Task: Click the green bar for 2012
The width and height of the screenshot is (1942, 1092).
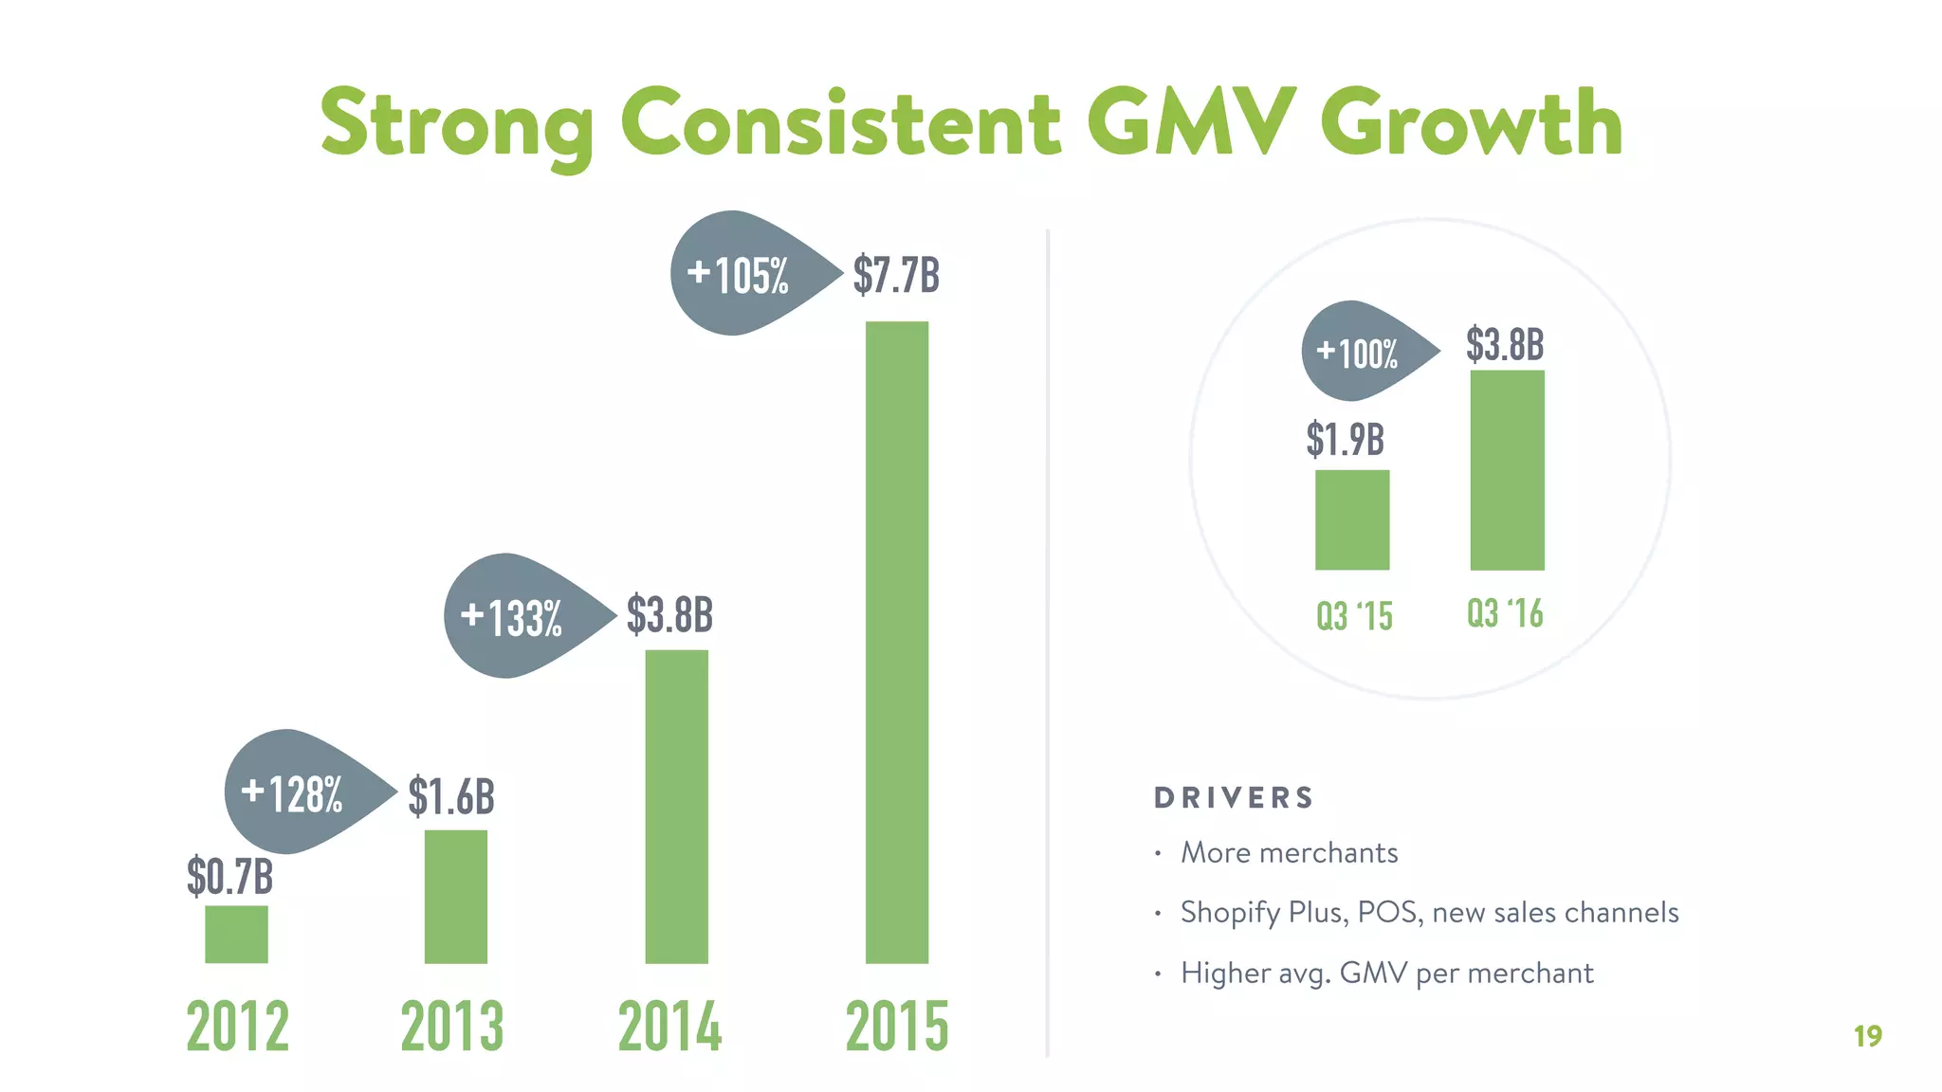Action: tap(236, 934)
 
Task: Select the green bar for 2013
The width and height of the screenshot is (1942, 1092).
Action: tap(456, 896)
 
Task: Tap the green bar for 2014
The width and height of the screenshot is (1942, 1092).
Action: tap(676, 806)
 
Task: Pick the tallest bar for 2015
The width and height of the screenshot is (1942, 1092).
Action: tap(897, 642)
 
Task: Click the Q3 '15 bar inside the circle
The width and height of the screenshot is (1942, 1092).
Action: tap(1352, 519)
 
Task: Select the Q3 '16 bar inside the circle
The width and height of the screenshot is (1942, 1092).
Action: tap(1507, 470)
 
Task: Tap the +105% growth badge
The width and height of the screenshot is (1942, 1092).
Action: tap(741, 275)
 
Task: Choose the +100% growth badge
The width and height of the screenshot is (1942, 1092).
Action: tap(1359, 353)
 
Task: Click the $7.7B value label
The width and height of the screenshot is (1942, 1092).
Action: tap(896, 275)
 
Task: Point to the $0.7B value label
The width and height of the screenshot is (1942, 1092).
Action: tap(230, 876)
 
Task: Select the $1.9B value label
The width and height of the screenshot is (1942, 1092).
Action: tap(1345, 440)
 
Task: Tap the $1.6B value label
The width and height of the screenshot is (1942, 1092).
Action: tap(451, 796)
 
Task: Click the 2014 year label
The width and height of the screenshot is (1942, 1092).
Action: tap(669, 1027)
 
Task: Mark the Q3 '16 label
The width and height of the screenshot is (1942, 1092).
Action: tap(1505, 613)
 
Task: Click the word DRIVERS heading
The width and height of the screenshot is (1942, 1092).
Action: tap(1234, 798)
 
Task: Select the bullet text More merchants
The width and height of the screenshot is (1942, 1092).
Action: tap(1289, 853)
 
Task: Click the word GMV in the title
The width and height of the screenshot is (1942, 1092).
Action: tap(1191, 123)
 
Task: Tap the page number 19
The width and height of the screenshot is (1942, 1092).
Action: tap(1867, 1036)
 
